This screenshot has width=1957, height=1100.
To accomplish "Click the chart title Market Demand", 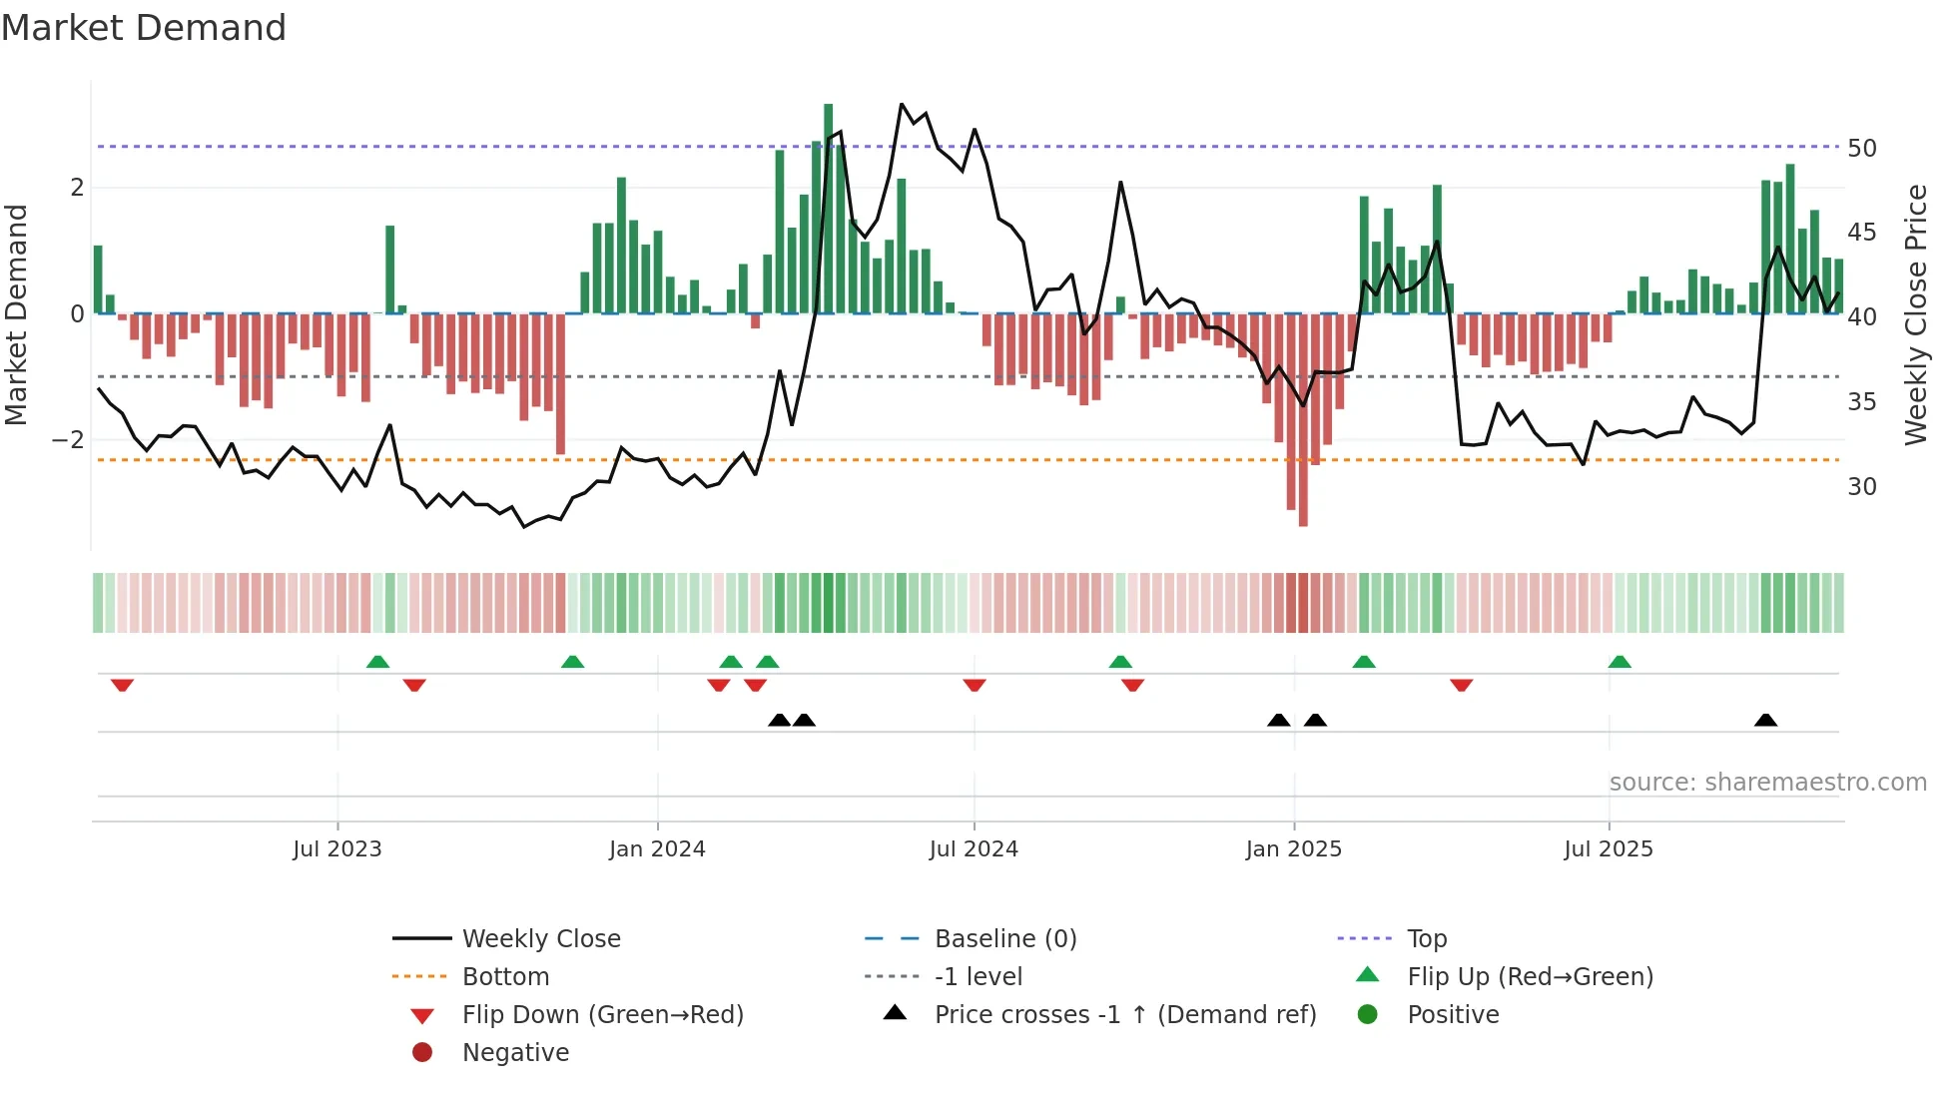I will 144,28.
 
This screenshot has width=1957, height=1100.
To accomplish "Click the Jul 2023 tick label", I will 337,849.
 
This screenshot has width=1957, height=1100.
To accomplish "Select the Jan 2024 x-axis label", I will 657,849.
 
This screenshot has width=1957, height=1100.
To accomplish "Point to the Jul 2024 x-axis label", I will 974,849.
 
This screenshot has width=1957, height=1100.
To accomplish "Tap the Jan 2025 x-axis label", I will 1294,849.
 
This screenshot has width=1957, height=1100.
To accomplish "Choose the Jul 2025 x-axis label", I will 1609,849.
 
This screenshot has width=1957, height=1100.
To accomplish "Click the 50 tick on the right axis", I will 1862,149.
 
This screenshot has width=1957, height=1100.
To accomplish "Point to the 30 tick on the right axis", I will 1862,487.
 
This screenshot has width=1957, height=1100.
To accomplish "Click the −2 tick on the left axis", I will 68,440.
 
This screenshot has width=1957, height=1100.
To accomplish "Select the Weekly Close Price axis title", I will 1915,314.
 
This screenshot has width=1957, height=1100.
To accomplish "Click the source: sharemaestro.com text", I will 1767,783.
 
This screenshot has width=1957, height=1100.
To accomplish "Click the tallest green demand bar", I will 829,210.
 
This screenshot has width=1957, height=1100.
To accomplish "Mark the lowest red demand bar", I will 1303,419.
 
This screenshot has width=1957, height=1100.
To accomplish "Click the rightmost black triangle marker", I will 1765,721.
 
